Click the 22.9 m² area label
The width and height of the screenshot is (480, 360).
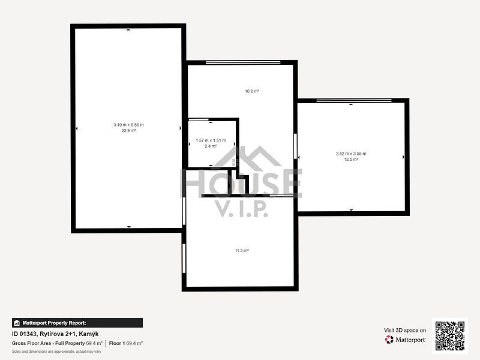[128, 131]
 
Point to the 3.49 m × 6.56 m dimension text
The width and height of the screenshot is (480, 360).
[128, 125]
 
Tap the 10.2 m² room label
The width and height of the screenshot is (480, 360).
[252, 91]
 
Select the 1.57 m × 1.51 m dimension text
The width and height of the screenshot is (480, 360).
[211, 140]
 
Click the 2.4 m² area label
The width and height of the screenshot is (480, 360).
[211, 146]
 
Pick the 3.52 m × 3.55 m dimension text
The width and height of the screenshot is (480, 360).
[351, 154]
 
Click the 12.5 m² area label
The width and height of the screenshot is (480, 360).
[351, 160]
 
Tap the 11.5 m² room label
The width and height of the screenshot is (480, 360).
[242, 251]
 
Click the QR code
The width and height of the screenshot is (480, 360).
[450, 336]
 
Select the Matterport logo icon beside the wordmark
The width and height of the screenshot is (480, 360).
[389, 340]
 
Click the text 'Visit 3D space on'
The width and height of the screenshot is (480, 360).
[405, 331]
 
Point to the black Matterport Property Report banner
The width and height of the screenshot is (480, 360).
[77, 323]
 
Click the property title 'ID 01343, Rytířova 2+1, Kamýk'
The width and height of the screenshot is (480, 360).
[55, 334]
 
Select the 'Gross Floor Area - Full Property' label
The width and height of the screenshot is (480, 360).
[49, 343]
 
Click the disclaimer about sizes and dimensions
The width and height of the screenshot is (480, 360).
[56, 352]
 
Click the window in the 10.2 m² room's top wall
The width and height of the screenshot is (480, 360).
[243, 63]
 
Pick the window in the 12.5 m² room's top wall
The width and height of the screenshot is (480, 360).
[354, 101]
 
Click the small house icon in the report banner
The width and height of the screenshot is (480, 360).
[17, 323]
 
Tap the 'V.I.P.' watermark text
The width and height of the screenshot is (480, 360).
[242, 209]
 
